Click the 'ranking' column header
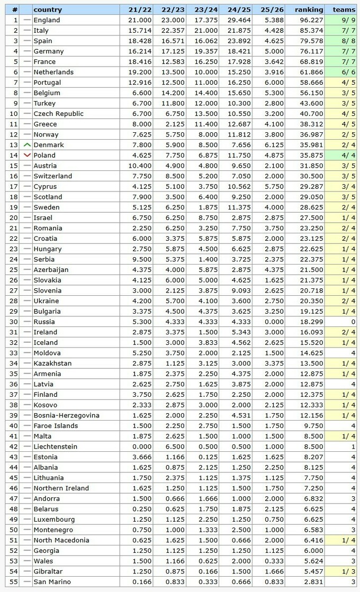pyautogui.click(x=309, y=10)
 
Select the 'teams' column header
pyautogui.click(x=344, y=10)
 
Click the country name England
pyautogui.click(x=47, y=20)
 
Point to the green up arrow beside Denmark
pyautogui.click(x=27, y=145)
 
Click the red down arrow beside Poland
pyautogui.click(x=27, y=156)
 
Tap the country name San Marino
pyautogui.click(x=52, y=582)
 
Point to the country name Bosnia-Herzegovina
pyautogui.click(x=66, y=415)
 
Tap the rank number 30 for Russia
pyautogui.click(x=15, y=322)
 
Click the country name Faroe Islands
pyautogui.click(x=56, y=426)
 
